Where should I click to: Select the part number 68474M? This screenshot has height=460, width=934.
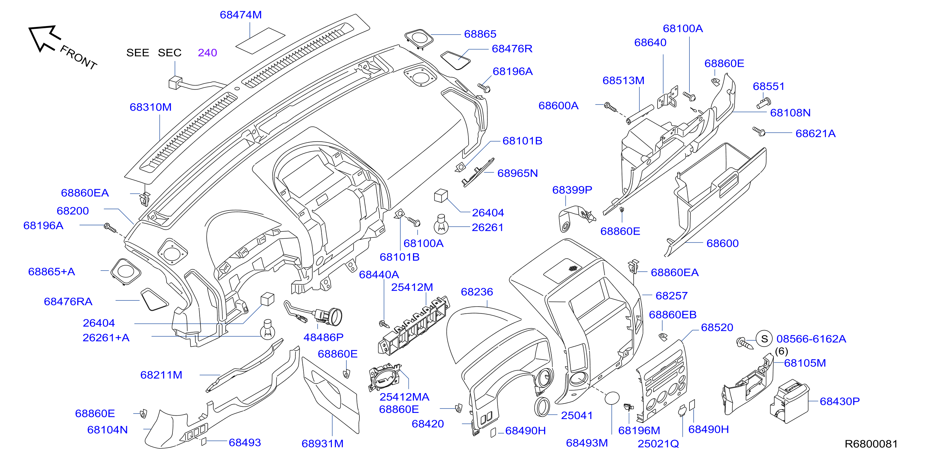pos(241,15)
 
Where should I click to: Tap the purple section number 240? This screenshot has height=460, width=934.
pos(207,53)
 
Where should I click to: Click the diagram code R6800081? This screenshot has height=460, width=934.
pos(871,444)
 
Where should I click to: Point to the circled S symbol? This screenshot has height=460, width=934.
pos(764,339)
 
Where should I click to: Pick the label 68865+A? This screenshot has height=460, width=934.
pos(51,272)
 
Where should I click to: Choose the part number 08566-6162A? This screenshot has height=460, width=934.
pos(811,339)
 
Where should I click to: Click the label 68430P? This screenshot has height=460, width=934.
pos(840,401)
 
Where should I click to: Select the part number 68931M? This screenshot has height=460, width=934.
pos(322,443)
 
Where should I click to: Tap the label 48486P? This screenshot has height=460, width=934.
pos(324,337)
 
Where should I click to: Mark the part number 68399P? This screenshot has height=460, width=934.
pos(572,190)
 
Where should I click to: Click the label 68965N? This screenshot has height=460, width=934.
pos(517,173)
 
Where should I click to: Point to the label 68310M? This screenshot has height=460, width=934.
pos(150,107)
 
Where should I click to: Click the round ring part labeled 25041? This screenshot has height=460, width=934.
pos(542,407)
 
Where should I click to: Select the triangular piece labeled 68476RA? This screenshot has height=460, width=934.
pos(154,299)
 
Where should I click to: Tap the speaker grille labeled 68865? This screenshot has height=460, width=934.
pos(419,38)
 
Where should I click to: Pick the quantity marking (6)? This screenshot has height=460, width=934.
pos(781,351)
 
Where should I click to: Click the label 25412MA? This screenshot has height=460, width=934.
pos(404,397)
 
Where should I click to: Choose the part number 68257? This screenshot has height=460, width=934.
pos(671,295)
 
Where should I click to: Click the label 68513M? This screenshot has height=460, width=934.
pos(623,80)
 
